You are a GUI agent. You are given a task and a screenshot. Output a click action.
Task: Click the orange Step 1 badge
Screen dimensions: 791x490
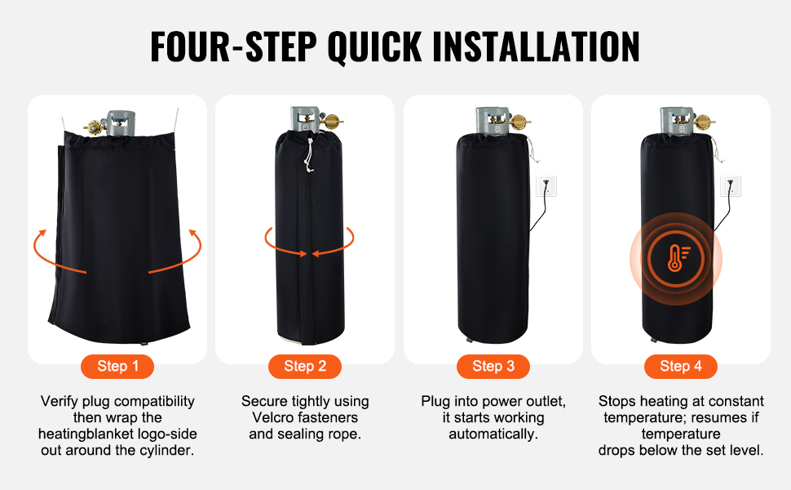(x=117, y=366)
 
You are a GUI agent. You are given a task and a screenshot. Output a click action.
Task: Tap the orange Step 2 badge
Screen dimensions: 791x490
(x=305, y=366)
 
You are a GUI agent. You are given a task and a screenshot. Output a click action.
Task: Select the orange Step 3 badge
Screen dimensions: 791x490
(x=493, y=366)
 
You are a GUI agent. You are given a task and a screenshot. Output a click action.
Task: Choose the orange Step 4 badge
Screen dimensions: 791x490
(x=681, y=366)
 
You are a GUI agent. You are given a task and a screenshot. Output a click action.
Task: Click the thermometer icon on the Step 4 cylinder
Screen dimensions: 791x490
(x=675, y=258)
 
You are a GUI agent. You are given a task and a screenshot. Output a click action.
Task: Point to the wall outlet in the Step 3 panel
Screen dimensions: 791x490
(x=546, y=186)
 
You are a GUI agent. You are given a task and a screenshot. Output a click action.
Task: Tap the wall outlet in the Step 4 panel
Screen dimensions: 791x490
(x=731, y=186)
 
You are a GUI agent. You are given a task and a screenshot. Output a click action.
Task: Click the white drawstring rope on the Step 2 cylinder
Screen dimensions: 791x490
(x=308, y=156)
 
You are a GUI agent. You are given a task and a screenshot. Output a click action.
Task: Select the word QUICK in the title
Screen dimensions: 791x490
(x=374, y=47)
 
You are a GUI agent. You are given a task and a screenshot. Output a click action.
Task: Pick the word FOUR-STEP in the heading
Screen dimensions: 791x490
(x=233, y=47)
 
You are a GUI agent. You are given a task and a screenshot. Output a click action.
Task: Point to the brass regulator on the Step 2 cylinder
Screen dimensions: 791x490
(x=332, y=122)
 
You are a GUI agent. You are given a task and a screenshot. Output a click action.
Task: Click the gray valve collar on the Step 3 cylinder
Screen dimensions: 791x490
(x=492, y=121)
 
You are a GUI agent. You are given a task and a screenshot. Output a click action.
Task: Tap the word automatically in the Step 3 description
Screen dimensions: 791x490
(x=493, y=434)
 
